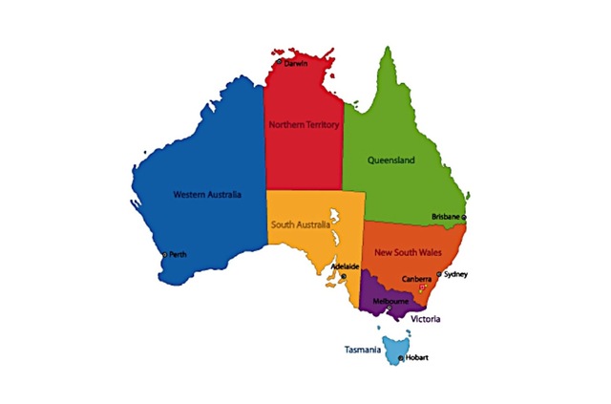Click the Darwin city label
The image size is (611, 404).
(x=297, y=64)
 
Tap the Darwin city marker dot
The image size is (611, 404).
(x=279, y=62)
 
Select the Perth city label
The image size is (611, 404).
(x=179, y=254)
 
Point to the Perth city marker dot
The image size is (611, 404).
(x=163, y=254)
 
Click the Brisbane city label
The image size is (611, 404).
(x=446, y=217)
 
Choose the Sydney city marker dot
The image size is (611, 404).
(x=439, y=274)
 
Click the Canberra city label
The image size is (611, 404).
(x=417, y=279)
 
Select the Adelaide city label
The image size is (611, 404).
(x=344, y=266)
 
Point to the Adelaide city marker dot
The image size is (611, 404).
(x=344, y=277)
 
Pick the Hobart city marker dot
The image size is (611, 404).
(x=401, y=357)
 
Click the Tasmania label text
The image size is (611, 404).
(x=363, y=350)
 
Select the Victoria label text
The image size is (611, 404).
(x=425, y=319)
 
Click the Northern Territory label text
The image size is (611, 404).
(x=304, y=125)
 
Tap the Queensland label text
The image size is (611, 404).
(x=391, y=161)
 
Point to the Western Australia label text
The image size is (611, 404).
(x=207, y=194)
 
